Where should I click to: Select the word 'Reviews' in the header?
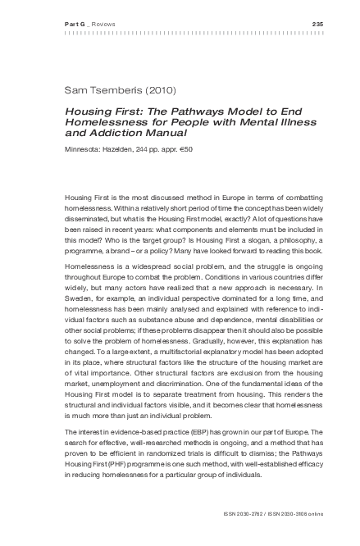pos(103,23)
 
